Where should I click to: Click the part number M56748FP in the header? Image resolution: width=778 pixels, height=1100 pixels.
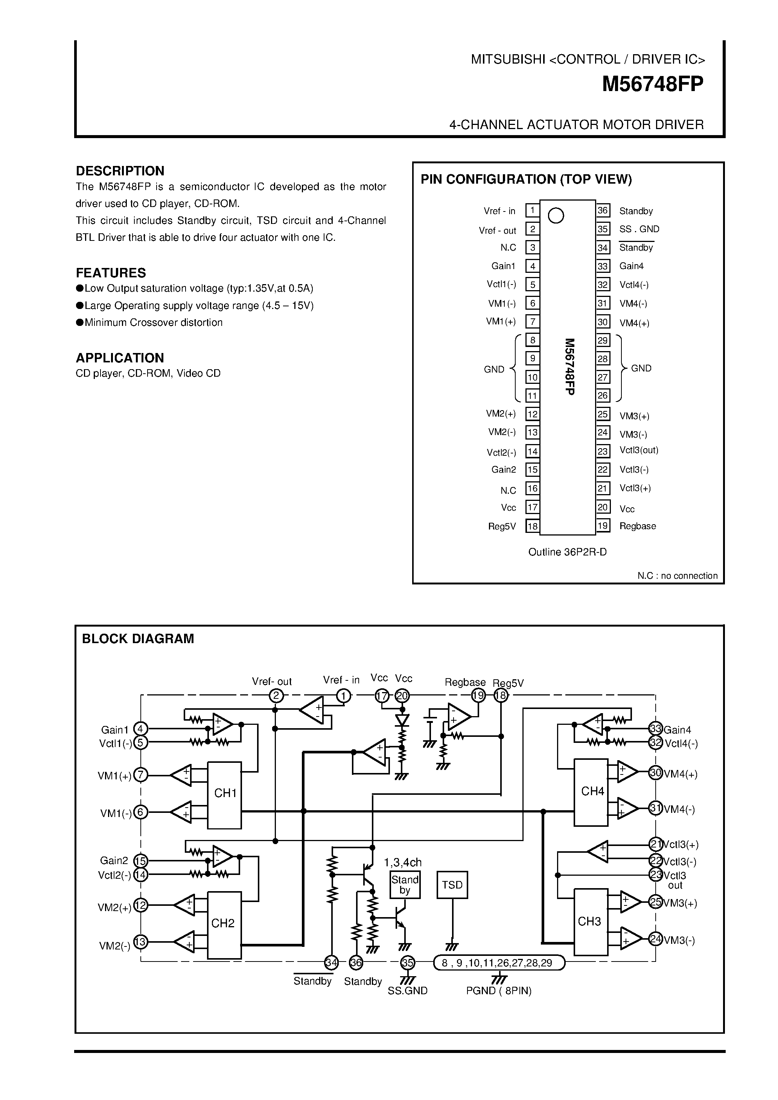(x=653, y=84)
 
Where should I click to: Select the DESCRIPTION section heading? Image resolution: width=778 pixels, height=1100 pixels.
(x=120, y=171)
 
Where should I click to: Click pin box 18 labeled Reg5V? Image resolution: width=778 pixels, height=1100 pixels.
(x=532, y=526)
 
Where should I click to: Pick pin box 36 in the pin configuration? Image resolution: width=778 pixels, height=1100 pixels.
(x=603, y=210)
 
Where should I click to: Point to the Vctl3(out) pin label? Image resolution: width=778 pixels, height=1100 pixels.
(x=639, y=450)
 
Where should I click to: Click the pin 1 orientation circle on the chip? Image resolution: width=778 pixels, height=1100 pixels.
(x=556, y=216)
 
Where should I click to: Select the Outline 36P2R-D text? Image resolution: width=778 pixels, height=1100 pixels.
(x=567, y=552)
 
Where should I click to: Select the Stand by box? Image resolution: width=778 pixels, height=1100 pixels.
(x=405, y=885)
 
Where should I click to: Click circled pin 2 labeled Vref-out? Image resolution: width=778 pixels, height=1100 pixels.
(x=276, y=696)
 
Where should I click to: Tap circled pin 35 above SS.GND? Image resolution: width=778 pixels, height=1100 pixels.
(x=407, y=963)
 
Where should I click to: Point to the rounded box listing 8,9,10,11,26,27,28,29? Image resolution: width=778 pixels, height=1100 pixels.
(x=499, y=963)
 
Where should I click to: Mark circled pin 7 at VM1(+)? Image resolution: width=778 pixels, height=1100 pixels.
(x=140, y=775)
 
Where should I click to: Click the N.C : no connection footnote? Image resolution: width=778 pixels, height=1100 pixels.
(x=677, y=576)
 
